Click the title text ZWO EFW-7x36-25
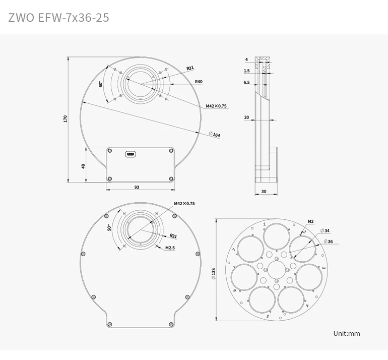coord(59,18)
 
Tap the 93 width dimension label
coord(137,187)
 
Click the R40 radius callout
coord(199,82)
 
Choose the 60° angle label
coord(101,84)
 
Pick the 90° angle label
coord(109,228)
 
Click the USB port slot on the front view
coord(131,154)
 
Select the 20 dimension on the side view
coord(246,117)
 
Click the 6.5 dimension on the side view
coord(246,82)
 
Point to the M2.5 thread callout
coord(170,247)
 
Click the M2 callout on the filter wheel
coord(311,221)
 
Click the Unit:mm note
coord(347,333)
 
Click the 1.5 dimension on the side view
coord(246,71)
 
